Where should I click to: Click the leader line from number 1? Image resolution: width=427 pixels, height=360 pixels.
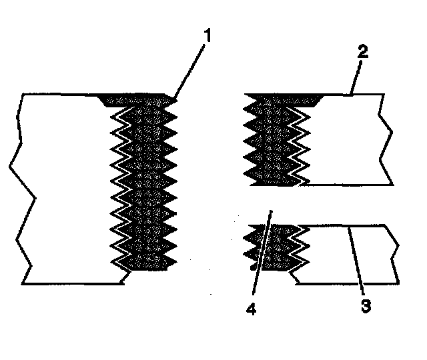190,67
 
